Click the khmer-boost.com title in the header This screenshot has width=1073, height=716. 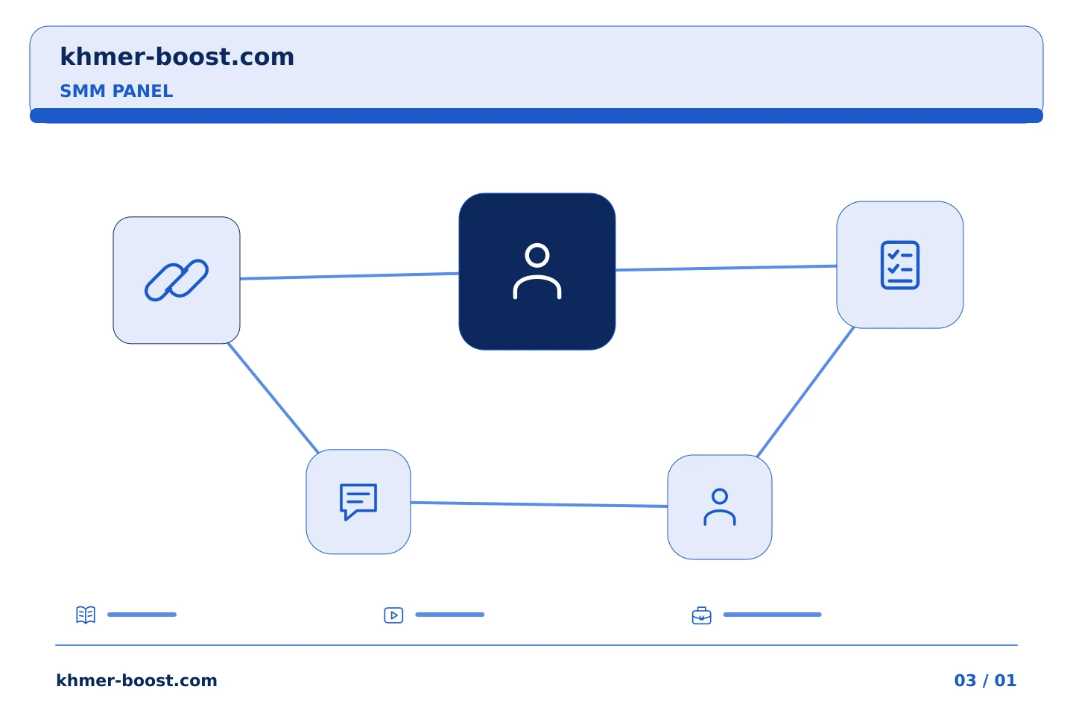click(177, 57)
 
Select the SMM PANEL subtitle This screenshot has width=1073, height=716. click(116, 91)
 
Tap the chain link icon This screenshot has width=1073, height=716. click(177, 280)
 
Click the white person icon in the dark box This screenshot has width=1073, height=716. click(537, 271)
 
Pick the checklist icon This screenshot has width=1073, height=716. click(900, 266)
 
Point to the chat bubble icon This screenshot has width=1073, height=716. click(358, 502)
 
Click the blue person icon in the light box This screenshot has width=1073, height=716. click(720, 507)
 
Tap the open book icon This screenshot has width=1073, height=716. click(86, 615)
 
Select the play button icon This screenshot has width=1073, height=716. click(393, 615)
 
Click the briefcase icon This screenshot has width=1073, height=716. click(702, 615)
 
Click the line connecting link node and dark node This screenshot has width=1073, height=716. click(349, 276)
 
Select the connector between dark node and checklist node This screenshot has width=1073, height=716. click(727, 268)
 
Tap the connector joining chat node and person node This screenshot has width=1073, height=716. click(539, 504)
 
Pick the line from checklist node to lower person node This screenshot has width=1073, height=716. click(805, 392)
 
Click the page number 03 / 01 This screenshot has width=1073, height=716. click(985, 680)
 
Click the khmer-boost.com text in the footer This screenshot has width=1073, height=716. click(136, 680)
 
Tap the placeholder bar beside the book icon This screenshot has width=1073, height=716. click(142, 615)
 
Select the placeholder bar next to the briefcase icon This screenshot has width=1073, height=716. click(772, 615)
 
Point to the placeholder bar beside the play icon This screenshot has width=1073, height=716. click(450, 615)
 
